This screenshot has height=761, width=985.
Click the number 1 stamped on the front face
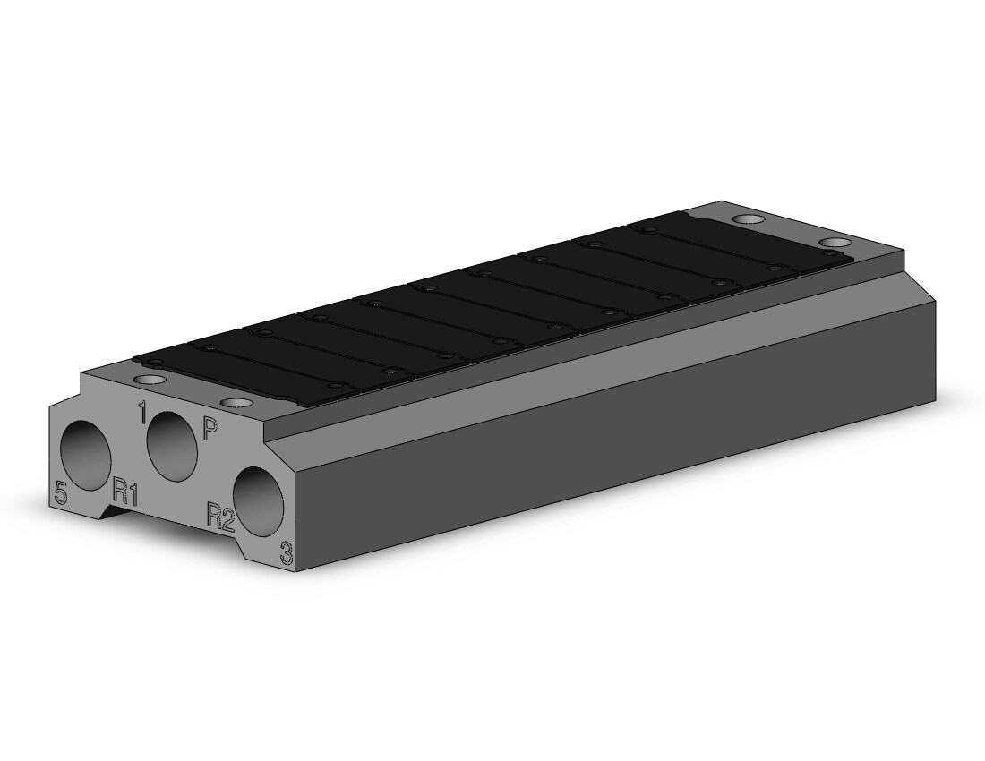point(142,413)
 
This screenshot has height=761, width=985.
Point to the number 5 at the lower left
point(60,492)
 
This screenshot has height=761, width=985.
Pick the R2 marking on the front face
point(220,517)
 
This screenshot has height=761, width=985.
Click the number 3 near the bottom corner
point(286,553)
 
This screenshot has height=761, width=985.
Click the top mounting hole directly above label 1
point(150,380)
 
